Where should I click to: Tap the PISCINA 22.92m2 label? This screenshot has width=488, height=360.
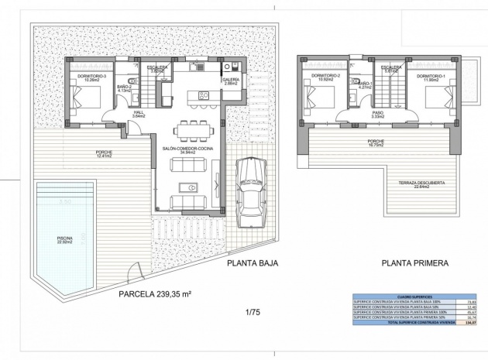[x=65, y=240]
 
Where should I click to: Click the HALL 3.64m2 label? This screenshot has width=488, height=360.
[x=139, y=114]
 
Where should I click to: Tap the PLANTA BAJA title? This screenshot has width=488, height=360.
[x=252, y=263]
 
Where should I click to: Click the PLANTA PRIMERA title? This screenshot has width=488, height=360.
[x=414, y=263]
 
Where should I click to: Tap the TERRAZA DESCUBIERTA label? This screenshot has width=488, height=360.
[x=421, y=183]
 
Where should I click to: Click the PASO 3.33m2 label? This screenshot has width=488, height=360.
[x=378, y=115]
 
